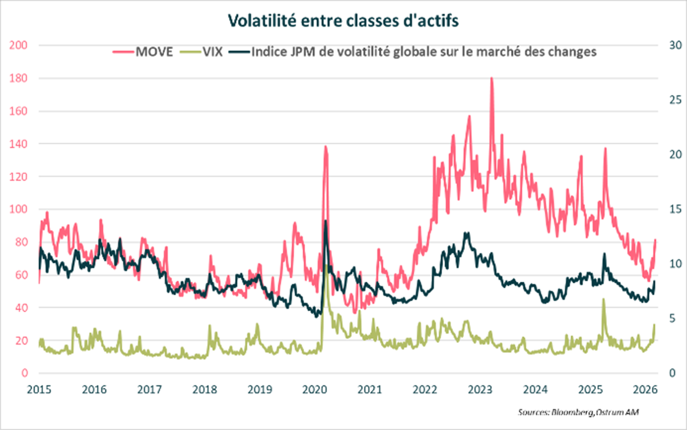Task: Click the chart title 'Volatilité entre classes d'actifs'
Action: pos(343,21)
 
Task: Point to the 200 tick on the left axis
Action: pos(18,45)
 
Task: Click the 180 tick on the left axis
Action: pos(18,78)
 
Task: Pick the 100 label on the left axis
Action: pos(18,209)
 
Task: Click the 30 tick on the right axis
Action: pos(675,45)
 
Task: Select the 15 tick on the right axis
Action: pos(675,209)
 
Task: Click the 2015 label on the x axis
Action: pos(39,390)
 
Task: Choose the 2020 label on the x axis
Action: pos(315,390)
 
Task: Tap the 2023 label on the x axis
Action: pos(480,390)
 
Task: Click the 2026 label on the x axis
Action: pos(645,390)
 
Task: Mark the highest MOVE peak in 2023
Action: pos(491,78)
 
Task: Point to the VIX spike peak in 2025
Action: pos(604,299)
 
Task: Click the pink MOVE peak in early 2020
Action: pos(325,147)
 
